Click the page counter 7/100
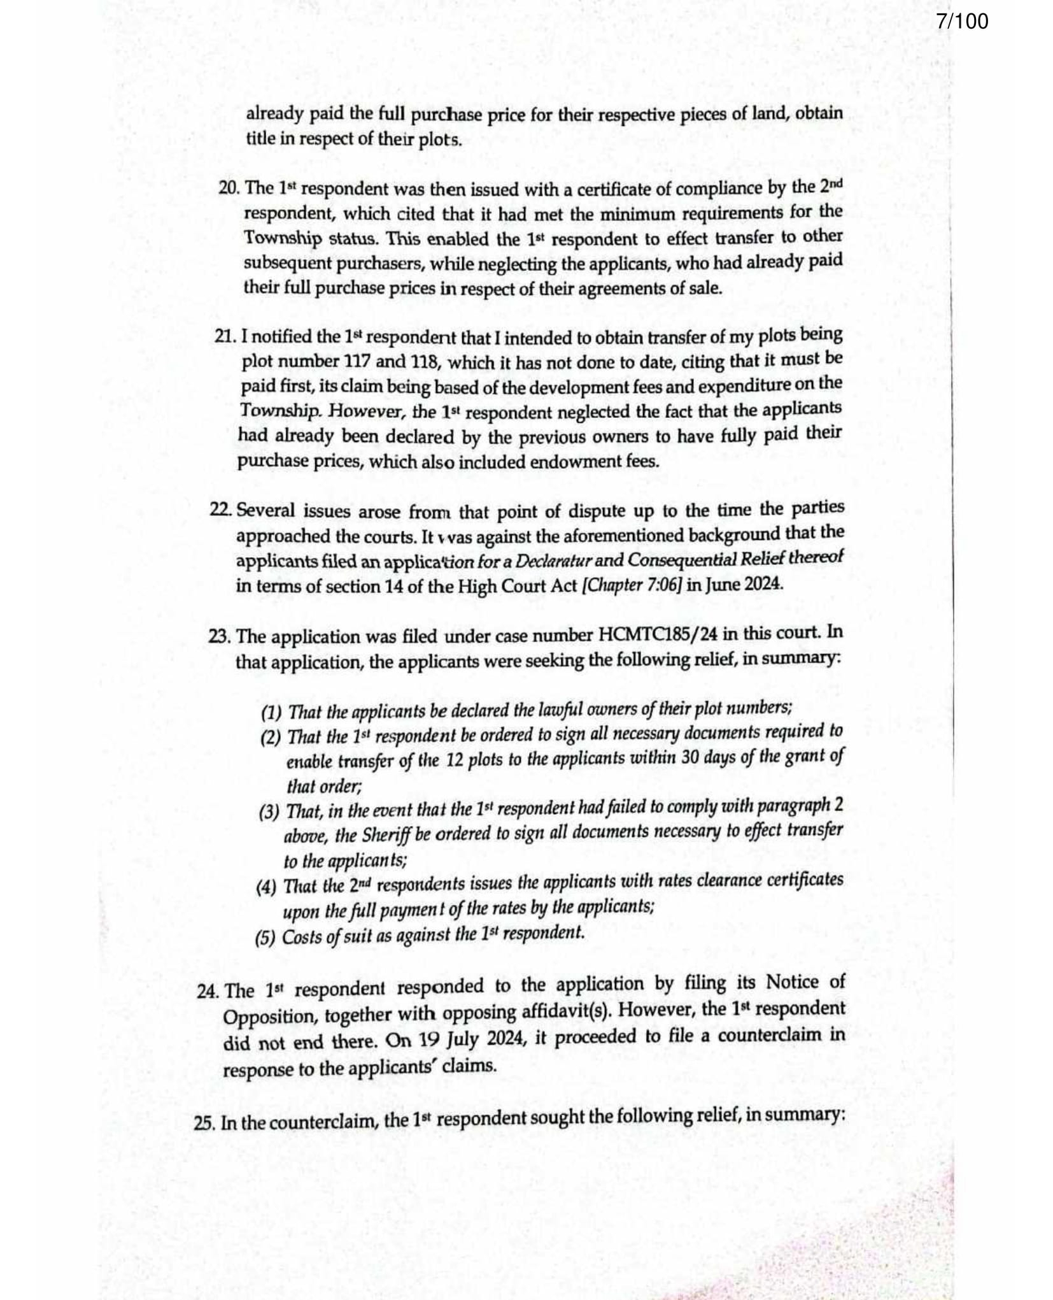click(x=962, y=22)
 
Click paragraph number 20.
click(x=228, y=189)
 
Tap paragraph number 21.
click(x=225, y=337)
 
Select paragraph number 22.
click(x=220, y=511)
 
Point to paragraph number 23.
click(x=220, y=636)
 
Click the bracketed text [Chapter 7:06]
click(x=633, y=585)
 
